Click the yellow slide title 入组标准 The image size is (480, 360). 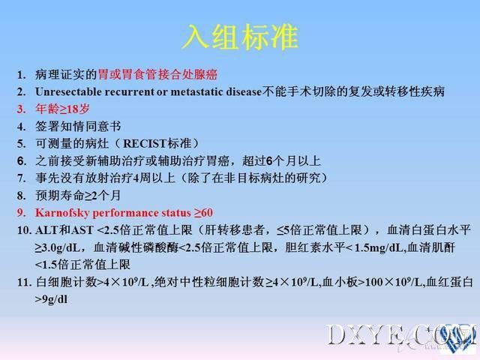pyautogui.click(x=240, y=37)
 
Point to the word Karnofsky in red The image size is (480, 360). pyautogui.click(x=62, y=213)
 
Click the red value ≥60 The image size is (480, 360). pyautogui.click(x=203, y=213)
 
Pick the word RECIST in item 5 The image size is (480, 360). pyautogui.click(x=145, y=143)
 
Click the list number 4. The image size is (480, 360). pyautogui.click(x=21, y=127)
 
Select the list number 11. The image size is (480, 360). pyautogui.click(x=24, y=282)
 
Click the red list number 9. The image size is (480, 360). pyautogui.click(x=21, y=213)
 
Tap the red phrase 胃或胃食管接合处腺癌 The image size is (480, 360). pyautogui.click(x=158, y=74)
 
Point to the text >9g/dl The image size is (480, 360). pyautogui.click(x=51, y=299)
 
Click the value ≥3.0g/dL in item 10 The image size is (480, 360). pyautogui.click(x=57, y=247)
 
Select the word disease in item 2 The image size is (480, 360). pyautogui.click(x=244, y=91)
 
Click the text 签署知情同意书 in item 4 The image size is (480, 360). pyautogui.click(x=78, y=127)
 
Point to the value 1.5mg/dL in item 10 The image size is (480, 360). pyautogui.click(x=379, y=247)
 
